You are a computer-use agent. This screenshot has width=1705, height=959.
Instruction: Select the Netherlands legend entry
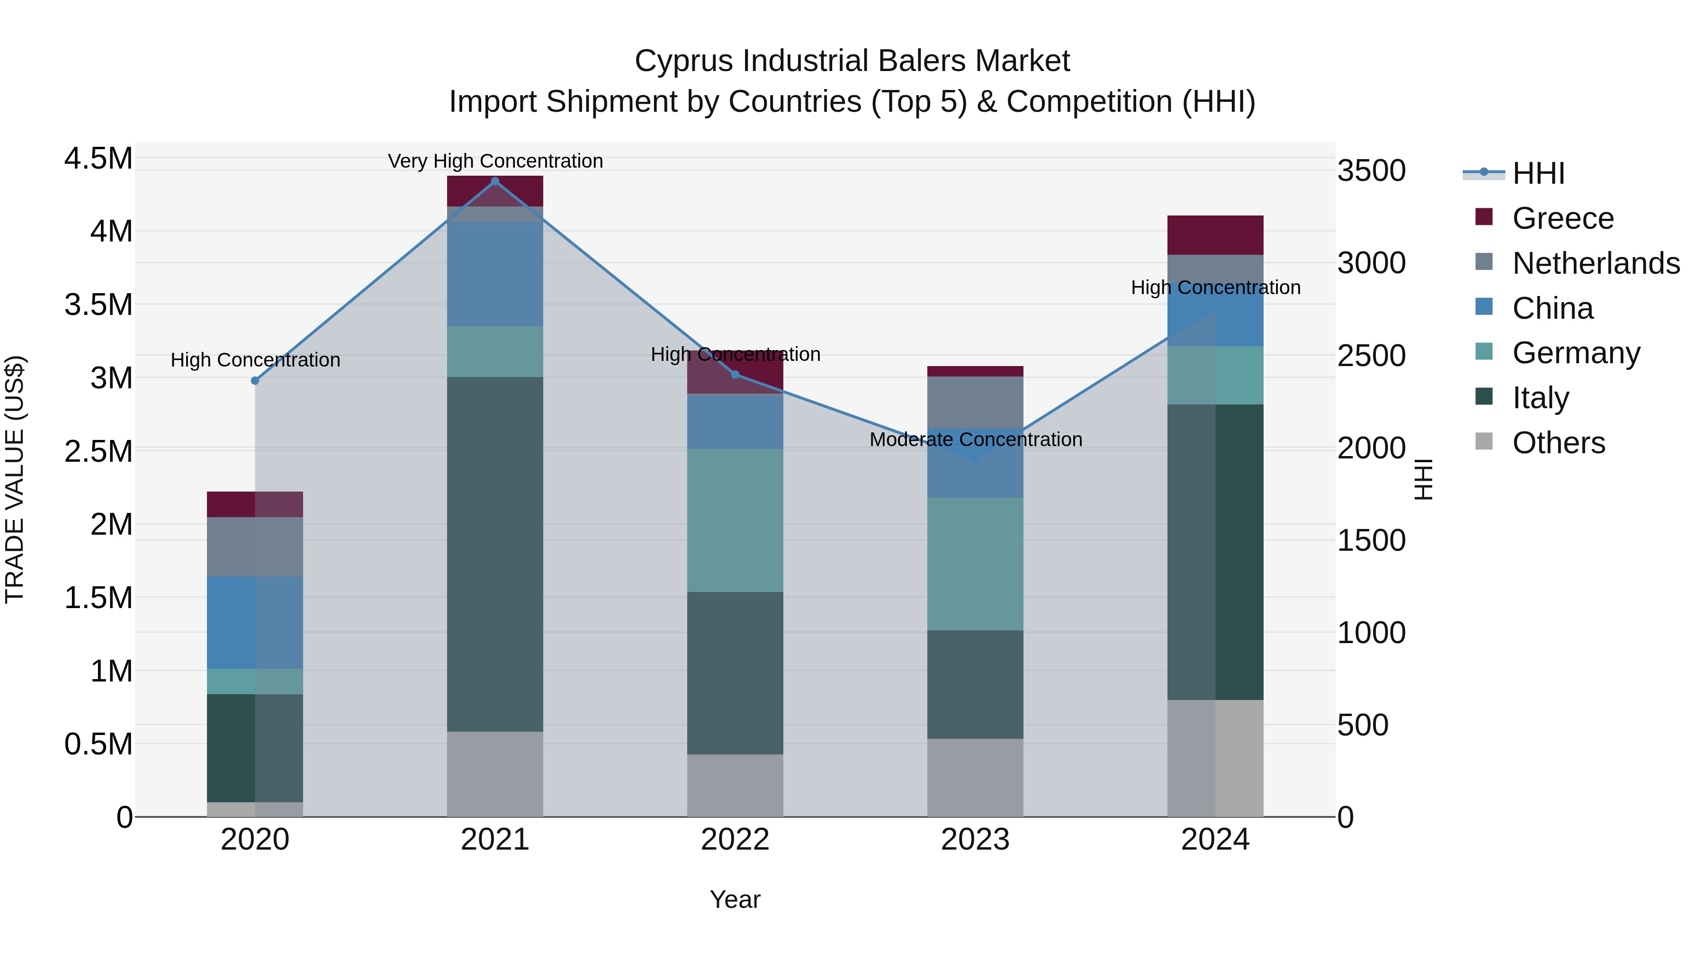pos(1596,263)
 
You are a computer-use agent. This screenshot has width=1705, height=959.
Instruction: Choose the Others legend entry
pos(1559,443)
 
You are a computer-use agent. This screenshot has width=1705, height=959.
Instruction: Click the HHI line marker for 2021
pos(495,181)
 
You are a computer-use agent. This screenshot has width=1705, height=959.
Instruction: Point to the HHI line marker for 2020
pos(255,381)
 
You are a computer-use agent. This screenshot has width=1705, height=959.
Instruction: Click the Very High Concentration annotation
pos(495,161)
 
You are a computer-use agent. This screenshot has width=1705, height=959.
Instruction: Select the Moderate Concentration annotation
pos(976,439)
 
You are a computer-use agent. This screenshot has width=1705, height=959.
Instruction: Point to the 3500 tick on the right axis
pos(1372,171)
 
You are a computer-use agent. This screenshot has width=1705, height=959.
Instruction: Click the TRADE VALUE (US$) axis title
pos(15,479)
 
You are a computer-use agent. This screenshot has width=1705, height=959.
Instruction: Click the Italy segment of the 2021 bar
pos(495,554)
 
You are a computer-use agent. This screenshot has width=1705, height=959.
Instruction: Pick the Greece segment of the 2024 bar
pos(1215,235)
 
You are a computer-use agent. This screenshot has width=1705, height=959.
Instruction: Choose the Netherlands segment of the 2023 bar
pos(975,403)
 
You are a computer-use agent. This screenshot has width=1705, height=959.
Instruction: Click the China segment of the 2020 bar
pos(255,622)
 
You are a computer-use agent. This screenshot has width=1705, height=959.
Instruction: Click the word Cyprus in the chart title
pos(684,61)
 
